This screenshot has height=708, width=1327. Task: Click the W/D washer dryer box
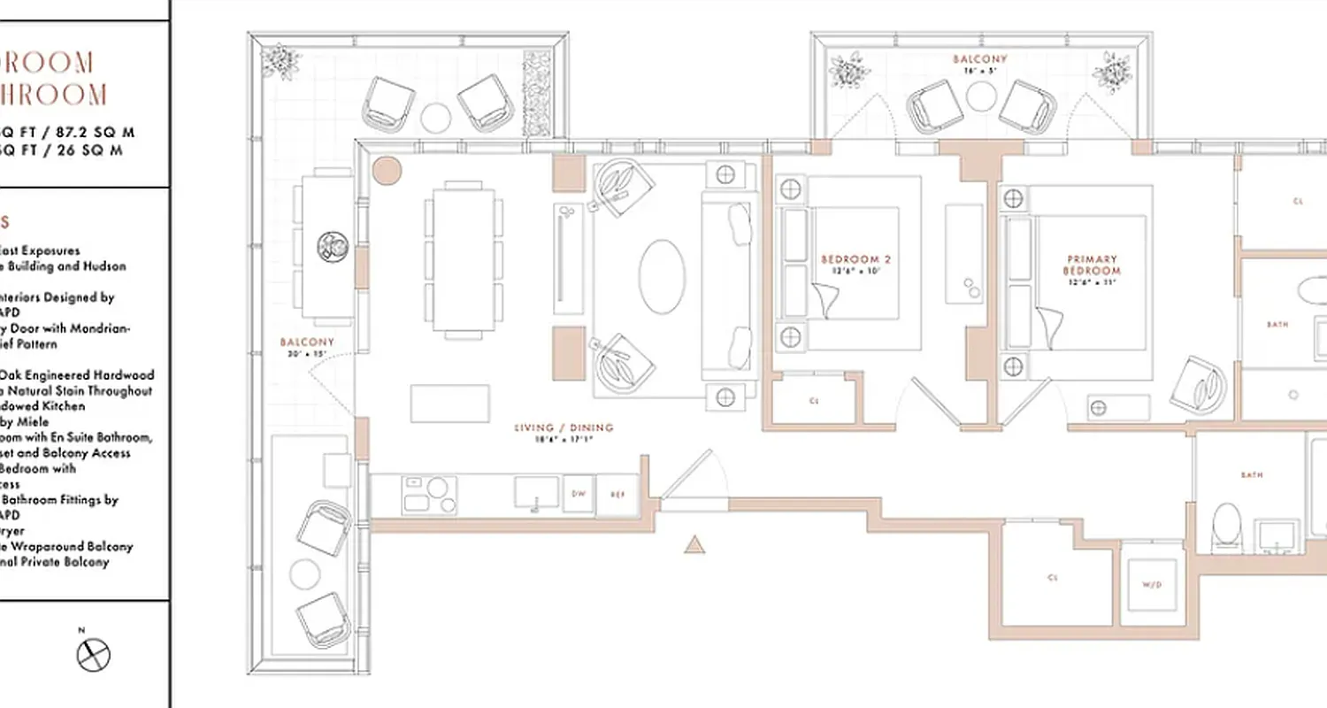coord(1151,586)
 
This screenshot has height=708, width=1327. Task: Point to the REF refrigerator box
coord(617,495)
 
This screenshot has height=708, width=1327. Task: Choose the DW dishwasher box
coord(579,495)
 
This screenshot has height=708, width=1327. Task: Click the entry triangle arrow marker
coord(694,545)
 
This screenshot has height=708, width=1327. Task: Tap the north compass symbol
coord(93,655)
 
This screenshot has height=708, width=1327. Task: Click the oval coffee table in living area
coord(662,277)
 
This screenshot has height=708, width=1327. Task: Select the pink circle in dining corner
coord(387,170)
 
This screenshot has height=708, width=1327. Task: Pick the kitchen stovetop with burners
coord(429,495)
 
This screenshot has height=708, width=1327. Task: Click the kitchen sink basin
coord(537,493)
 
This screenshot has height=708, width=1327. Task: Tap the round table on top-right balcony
coord(982,96)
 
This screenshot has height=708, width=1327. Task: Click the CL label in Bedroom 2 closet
coord(814,401)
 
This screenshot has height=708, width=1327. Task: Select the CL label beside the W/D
coord(1053,578)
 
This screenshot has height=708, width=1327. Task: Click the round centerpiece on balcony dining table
coord(334,245)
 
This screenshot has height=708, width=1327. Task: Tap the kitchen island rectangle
coord(450,404)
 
